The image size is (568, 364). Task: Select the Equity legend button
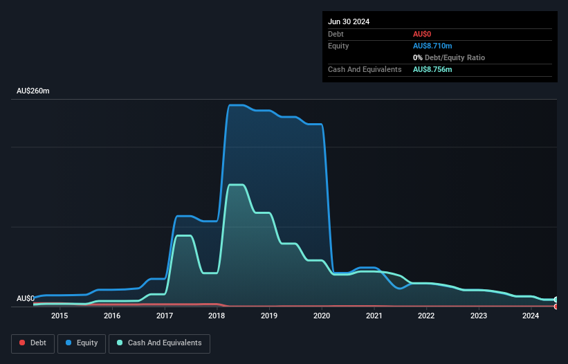pos(81,343)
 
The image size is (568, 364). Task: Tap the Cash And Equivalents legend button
pos(159,343)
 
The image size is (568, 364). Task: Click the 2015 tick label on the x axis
pos(59,316)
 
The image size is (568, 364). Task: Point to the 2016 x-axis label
pos(112,316)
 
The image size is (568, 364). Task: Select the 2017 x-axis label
pos(165,316)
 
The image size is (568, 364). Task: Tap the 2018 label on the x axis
pos(217,316)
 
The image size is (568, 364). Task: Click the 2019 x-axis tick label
pos(269,316)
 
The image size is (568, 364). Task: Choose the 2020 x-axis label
pos(322,316)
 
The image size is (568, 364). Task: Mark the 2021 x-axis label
pos(374,316)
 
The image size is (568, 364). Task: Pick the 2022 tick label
pos(426,316)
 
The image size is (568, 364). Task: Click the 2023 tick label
pos(479,316)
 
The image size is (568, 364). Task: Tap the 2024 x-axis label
pos(531,316)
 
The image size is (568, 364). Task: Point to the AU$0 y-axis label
pos(26,298)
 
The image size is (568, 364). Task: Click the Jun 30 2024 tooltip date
pos(349,21)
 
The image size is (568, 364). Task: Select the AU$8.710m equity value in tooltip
pos(432,46)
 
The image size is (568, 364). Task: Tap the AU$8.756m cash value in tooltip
pos(432,69)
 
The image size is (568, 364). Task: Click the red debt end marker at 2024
pos(556,306)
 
